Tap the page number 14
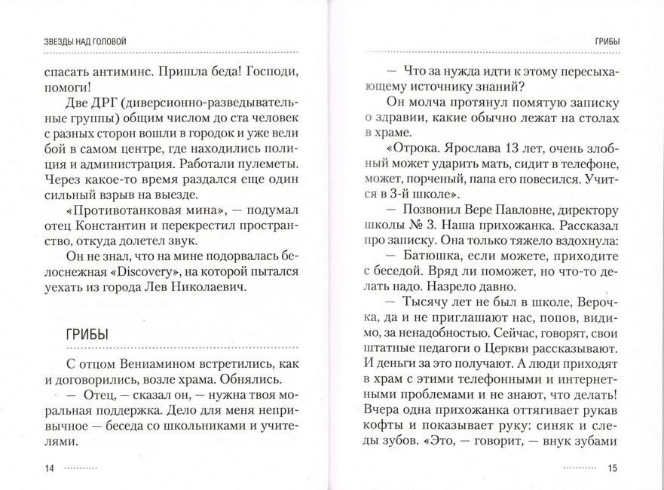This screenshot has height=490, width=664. coord(50,469)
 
